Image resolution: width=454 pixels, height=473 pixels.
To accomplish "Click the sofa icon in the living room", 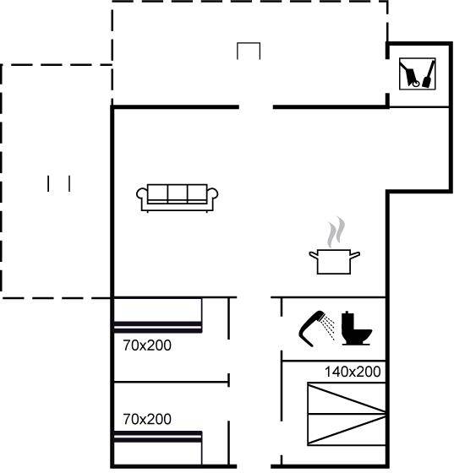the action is [178, 198].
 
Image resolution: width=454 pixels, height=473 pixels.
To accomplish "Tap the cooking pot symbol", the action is [334, 262].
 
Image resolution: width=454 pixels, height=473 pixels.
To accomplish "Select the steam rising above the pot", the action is [336, 232].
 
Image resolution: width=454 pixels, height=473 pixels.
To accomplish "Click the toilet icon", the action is [356, 329].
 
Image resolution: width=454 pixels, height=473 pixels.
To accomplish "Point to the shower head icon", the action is [316, 329].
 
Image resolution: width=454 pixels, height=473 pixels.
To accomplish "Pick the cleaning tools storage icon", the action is [417, 74].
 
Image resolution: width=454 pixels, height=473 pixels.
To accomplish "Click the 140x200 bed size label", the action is [353, 372].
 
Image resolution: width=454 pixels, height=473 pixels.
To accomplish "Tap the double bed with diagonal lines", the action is [347, 414].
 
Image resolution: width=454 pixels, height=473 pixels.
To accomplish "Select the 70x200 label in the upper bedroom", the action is [147, 345].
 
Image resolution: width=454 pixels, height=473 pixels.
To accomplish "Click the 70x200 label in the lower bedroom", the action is [147, 419].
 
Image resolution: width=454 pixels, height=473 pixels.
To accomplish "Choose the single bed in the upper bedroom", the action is [157, 316].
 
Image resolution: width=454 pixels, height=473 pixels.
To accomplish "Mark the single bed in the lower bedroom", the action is [157, 449].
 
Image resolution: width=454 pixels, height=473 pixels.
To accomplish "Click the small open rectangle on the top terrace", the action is [249, 43].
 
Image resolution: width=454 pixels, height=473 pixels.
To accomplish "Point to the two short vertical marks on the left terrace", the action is [58, 183].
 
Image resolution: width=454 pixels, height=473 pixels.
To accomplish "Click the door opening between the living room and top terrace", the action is [256, 107].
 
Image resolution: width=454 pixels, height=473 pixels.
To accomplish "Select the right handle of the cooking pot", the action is [355, 255].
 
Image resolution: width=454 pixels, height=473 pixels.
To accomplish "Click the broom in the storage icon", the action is [429, 74].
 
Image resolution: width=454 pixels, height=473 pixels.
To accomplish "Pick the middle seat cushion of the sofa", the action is [178, 193].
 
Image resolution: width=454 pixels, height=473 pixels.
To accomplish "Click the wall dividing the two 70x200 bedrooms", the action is [171, 382].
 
